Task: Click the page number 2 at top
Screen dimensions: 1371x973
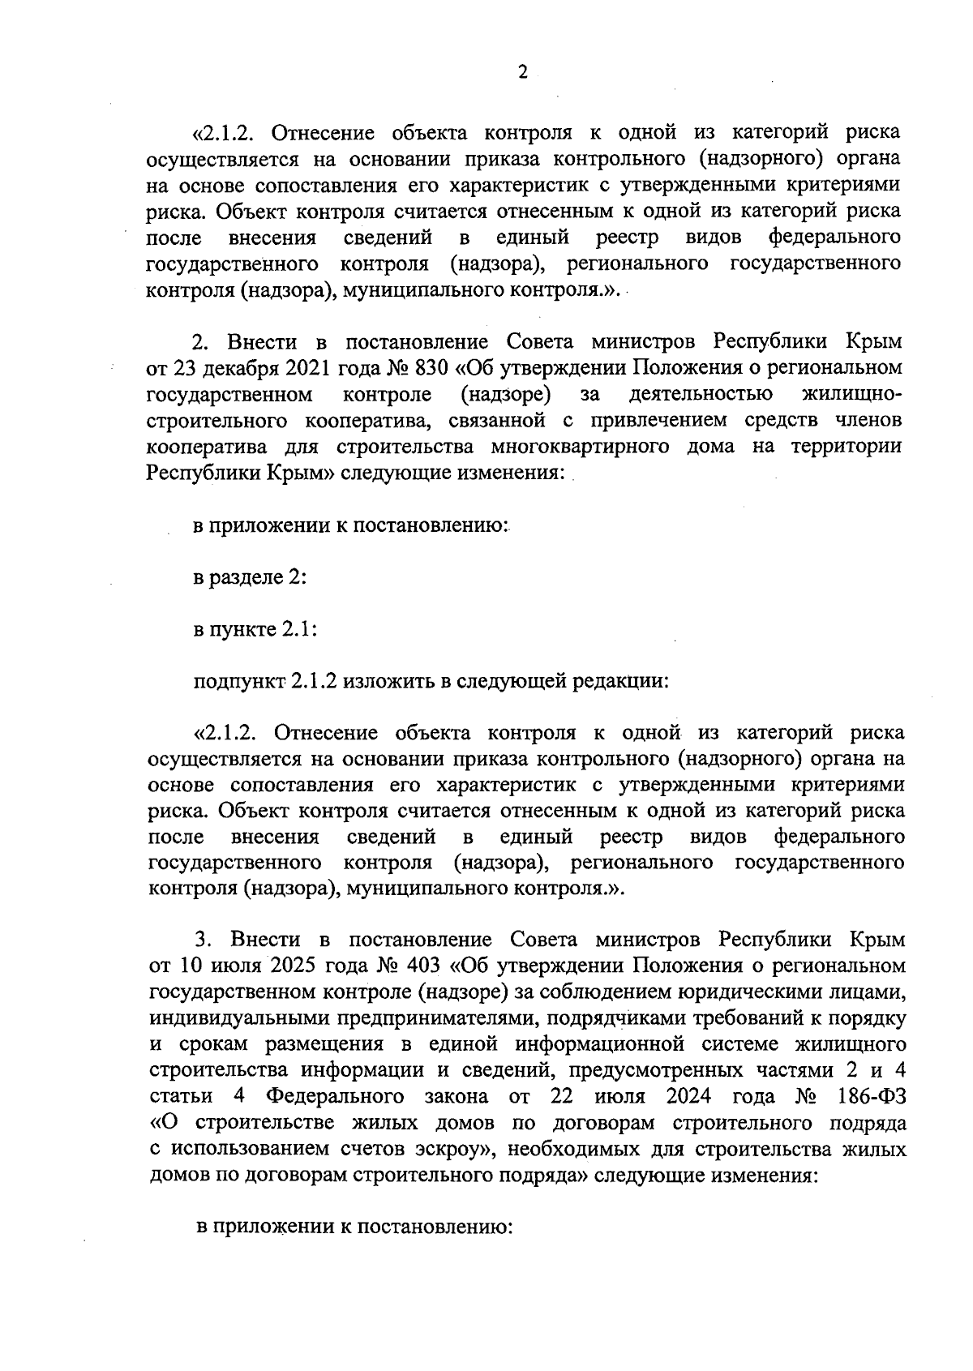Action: pos(523,73)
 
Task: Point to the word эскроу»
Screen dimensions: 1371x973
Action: pos(455,1149)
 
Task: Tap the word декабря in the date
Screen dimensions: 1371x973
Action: pos(241,368)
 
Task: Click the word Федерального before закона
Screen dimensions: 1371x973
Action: pos(335,1096)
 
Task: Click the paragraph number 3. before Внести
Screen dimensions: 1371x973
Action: pos(204,940)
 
